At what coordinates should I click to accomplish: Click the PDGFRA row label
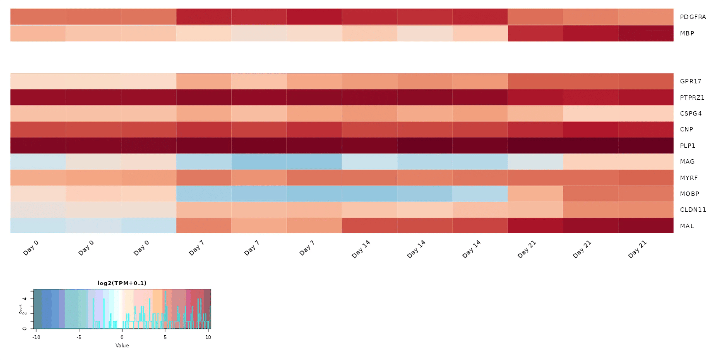[693, 17]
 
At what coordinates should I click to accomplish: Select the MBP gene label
[687, 33]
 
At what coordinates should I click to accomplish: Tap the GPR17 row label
[690, 81]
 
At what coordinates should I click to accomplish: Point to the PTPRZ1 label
[692, 98]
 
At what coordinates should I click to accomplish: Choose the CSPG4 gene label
[691, 114]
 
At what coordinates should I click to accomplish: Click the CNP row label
[686, 129]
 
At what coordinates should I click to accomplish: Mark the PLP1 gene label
[687, 146]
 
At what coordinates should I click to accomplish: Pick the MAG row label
[687, 162]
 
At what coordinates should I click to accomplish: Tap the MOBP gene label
[689, 194]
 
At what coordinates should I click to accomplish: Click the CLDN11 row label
[693, 210]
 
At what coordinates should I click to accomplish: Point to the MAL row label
[687, 226]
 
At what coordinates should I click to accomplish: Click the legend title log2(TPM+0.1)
[122, 283]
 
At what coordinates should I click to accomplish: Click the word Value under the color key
[122, 346]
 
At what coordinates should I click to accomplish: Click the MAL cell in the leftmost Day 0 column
[38, 226]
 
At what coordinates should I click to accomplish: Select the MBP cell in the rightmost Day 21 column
[646, 33]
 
